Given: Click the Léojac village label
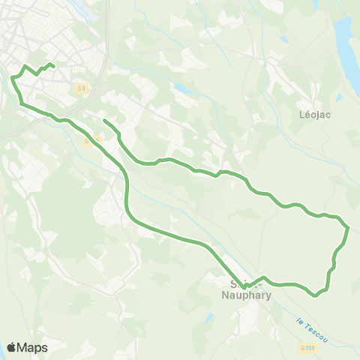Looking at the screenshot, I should tap(315, 115).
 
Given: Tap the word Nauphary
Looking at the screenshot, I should tap(248, 294).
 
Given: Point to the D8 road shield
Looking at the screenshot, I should tap(82, 88).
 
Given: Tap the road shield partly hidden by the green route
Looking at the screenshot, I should tap(91, 139).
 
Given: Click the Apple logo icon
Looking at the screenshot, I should tap(12, 347).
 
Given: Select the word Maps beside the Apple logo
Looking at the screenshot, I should tap(32, 347).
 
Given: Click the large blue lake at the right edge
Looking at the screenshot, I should tap(346, 45).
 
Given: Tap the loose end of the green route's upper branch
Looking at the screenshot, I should tap(104, 121).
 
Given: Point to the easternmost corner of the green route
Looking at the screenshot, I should tap(349, 226).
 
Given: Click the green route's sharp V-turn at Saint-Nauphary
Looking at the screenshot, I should tap(244, 286).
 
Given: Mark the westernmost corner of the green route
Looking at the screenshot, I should tap(12, 76).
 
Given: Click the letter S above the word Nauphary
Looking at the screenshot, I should tap(235, 283).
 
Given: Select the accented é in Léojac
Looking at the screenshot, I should tap(307, 115).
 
